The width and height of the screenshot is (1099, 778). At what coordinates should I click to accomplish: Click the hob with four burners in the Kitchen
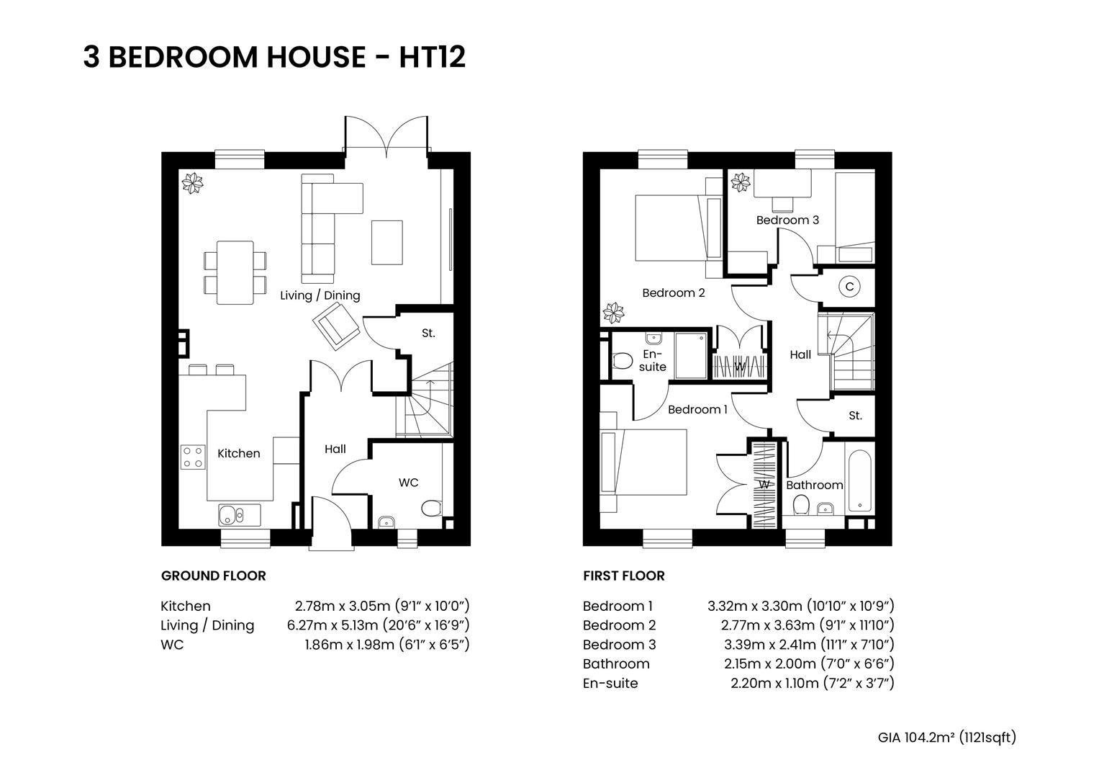click(x=193, y=457)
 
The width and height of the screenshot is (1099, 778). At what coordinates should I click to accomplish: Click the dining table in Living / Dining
click(x=235, y=272)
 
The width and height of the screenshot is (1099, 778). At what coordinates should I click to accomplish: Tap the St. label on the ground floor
click(x=428, y=334)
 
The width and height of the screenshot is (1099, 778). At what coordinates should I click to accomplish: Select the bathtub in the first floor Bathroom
click(x=859, y=481)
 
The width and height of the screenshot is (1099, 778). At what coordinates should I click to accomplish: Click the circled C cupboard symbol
click(x=849, y=287)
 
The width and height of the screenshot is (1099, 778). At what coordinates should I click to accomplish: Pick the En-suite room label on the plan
click(x=652, y=361)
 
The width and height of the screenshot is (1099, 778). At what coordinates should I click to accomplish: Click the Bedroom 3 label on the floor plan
click(x=787, y=220)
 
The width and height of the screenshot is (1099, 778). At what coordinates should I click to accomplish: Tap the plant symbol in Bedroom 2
click(x=613, y=313)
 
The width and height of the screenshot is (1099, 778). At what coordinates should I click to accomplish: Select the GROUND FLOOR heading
click(x=213, y=576)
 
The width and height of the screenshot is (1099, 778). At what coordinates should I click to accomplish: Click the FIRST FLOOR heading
click(x=623, y=576)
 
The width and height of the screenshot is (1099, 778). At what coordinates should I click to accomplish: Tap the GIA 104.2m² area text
click(x=946, y=737)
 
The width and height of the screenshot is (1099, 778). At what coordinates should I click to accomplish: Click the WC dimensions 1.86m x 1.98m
click(x=386, y=645)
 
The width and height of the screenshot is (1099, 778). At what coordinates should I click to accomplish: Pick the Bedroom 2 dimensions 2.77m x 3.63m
click(x=808, y=625)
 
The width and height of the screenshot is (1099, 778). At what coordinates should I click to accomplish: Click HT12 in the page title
click(x=433, y=57)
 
